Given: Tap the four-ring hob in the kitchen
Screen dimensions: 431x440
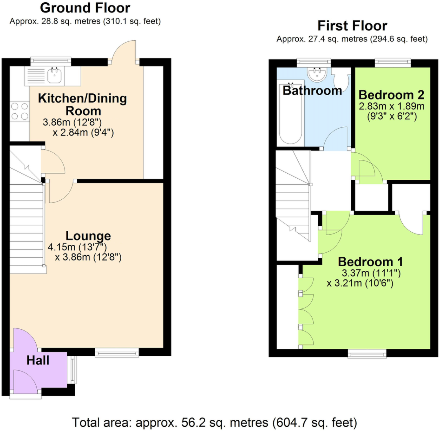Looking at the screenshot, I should [x=20, y=111].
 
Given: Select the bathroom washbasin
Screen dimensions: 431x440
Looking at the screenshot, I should [x=317, y=74].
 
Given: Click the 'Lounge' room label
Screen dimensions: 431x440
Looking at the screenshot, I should [x=88, y=236].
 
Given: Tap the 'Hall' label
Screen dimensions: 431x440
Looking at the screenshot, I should [x=38, y=360].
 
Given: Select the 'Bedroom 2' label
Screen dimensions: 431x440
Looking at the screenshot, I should [x=391, y=95].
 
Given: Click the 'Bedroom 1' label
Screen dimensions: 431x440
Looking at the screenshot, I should [x=370, y=262].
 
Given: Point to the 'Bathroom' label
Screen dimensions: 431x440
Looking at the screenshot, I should [x=312, y=91].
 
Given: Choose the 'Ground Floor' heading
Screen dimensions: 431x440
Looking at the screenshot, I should [x=85, y=8].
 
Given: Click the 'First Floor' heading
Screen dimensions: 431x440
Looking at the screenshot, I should [x=352, y=26].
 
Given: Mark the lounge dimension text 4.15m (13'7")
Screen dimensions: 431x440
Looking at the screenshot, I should [x=77, y=247].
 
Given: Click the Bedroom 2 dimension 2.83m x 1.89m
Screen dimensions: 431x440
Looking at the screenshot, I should [x=392, y=106].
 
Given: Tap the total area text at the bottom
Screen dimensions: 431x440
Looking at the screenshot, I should [x=214, y=423].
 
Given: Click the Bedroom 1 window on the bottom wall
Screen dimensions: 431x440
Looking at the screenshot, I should [x=367, y=354].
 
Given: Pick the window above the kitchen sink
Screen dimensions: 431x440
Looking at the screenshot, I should [x=51, y=61].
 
